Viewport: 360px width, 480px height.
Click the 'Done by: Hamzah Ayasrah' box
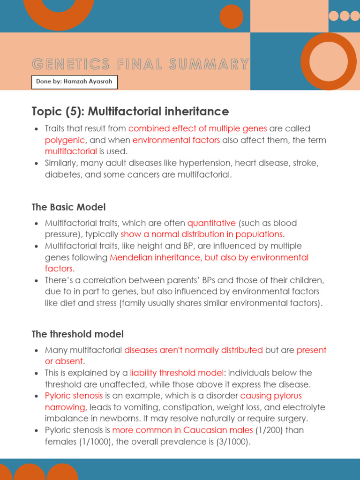pyautogui.click(x=75, y=82)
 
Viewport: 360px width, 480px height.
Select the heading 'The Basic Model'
pyautogui.click(x=68, y=207)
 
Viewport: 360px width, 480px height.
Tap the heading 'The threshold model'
pyautogui.click(x=77, y=334)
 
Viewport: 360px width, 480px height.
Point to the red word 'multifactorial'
pyautogui.click(x=71, y=151)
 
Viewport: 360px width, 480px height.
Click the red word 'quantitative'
pyautogui.click(x=211, y=223)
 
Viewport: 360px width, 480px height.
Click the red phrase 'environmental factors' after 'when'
pyautogui.click(x=176, y=140)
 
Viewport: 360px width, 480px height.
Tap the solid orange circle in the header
pyautogui.click(x=232, y=16)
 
